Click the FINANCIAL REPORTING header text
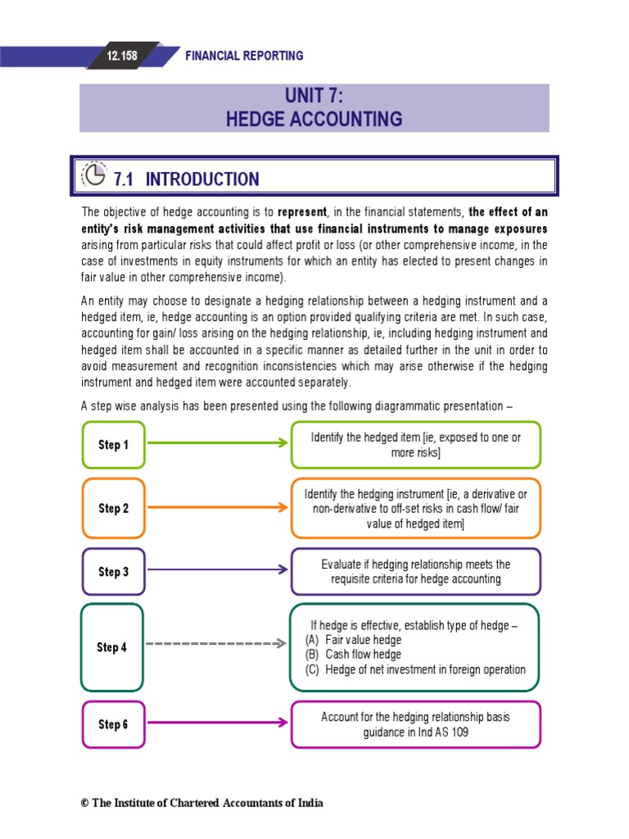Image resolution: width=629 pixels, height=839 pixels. (x=244, y=56)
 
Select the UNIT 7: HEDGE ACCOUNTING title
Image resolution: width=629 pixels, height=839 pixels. (x=314, y=108)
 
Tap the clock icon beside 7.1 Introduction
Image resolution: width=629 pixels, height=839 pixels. (x=96, y=177)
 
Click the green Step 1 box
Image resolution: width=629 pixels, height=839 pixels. (x=114, y=445)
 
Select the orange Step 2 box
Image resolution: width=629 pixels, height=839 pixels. (x=114, y=508)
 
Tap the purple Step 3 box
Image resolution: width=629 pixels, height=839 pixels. (x=114, y=571)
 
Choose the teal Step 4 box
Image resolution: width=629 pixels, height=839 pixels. (x=112, y=647)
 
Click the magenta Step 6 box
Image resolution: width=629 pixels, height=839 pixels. (x=114, y=723)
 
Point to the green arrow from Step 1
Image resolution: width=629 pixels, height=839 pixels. (x=217, y=443)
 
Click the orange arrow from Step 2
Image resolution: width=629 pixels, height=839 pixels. (x=217, y=507)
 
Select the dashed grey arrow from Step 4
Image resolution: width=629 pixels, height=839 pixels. (x=217, y=644)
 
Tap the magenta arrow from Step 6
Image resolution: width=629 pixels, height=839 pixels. (x=217, y=723)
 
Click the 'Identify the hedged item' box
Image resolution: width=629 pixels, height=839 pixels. (x=415, y=445)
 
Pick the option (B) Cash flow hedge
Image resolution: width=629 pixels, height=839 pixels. (x=354, y=655)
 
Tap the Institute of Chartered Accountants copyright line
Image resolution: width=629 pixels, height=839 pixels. (x=201, y=803)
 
